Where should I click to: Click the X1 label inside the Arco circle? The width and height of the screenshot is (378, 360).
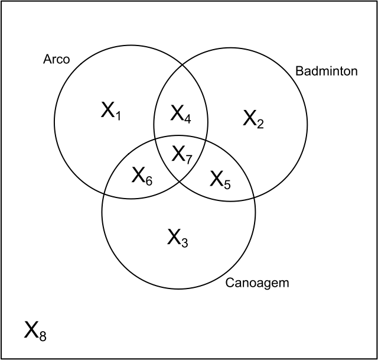pyautogui.click(x=110, y=111)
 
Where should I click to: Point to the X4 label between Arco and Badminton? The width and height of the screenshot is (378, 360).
pyautogui.click(x=181, y=113)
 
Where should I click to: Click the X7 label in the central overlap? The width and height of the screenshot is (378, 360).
pyautogui.click(x=182, y=155)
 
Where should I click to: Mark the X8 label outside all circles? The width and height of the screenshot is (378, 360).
pyautogui.click(x=35, y=330)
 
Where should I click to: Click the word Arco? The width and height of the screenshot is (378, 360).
pyautogui.click(x=57, y=59)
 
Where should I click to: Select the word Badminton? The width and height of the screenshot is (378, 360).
pyautogui.click(x=326, y=72)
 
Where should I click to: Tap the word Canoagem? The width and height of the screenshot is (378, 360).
pyautogui.click(x=258, y=283)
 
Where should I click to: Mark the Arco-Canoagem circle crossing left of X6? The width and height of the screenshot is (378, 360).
pyautogui.click(x=105, y=192)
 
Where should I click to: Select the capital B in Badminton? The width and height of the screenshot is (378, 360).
pyautogui.click(x=298, y=72)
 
